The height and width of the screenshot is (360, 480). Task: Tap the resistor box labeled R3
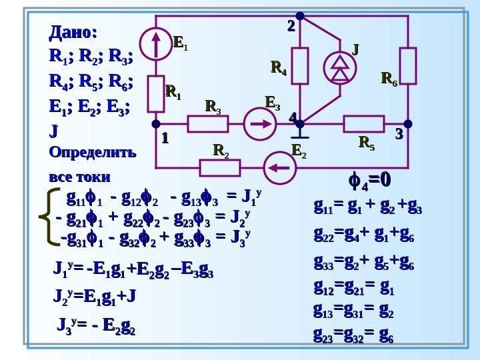[x=209, y=124]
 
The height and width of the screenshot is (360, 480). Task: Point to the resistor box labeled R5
[x=364, y=124]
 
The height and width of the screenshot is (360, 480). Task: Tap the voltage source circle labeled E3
[x=257, y=124]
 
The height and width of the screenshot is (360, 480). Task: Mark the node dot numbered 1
[x=155, y=124]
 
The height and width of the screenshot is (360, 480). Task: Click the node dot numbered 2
[x=300, y=15]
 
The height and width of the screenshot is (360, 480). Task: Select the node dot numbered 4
[x=300, y=124]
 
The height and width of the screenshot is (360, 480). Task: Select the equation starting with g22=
[x=363, y=235]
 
